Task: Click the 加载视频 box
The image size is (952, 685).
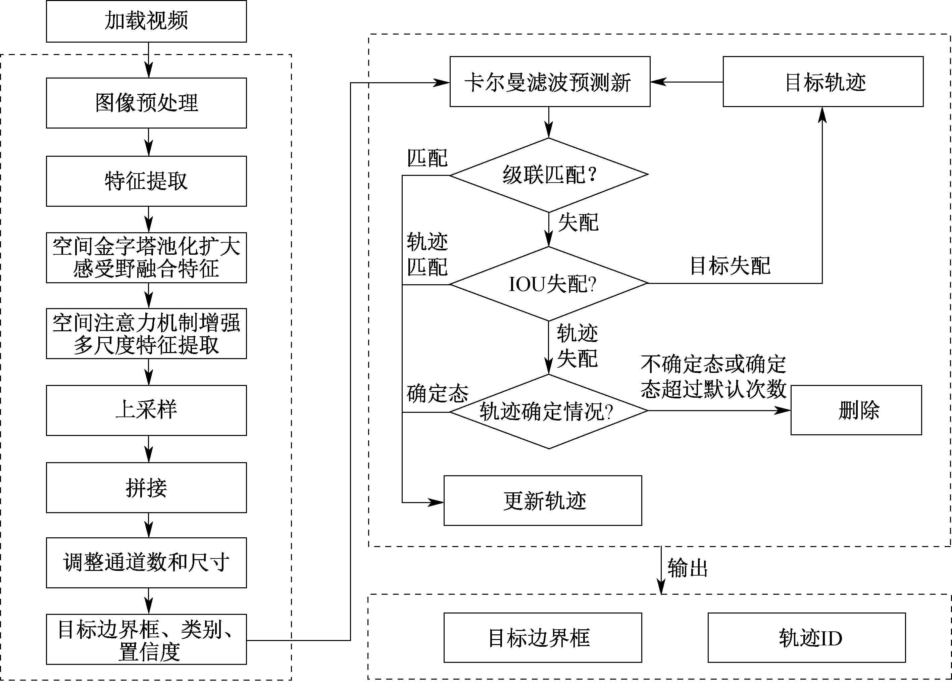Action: (146, 21)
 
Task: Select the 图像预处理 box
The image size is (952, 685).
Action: (146, 103)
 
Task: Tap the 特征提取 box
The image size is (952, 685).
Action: (146, 181)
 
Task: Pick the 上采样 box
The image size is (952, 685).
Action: (146, 410)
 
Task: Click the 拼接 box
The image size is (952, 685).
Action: (146, 487)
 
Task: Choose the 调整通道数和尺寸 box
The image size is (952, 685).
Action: (146, 562)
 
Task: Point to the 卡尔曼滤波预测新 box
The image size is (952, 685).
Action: (549, 82)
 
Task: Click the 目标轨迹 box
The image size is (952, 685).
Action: (823, 82)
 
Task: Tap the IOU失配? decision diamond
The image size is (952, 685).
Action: (549, 284)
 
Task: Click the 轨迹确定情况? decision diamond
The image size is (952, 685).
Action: (549, 411)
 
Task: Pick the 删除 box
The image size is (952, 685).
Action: (856, 410)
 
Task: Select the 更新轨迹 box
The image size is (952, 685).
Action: (542, 500)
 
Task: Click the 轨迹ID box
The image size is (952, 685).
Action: (806, 638)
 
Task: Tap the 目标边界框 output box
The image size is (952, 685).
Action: (542, 638)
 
